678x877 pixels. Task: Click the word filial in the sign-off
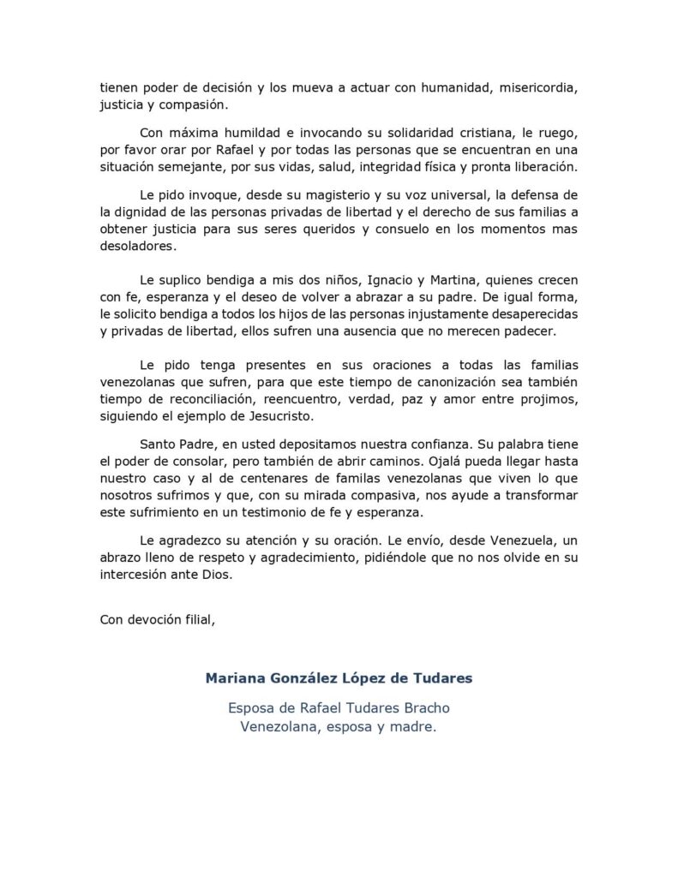[195, 621]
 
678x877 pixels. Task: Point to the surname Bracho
[421, 709]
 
